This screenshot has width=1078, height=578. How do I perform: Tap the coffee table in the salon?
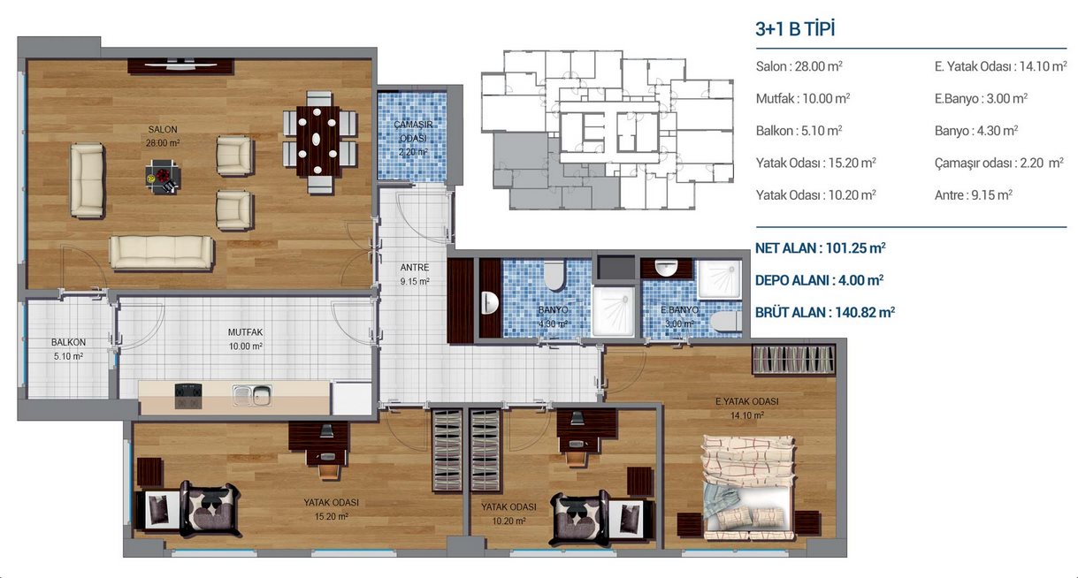point(163,177)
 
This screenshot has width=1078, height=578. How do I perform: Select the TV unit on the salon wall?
point(181,66)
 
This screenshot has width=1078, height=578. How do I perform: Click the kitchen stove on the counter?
point(188,396)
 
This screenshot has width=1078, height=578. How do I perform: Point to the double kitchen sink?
point(252,395)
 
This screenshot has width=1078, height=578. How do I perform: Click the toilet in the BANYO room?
point(554,275)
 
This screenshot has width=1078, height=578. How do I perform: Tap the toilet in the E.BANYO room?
point(726,321)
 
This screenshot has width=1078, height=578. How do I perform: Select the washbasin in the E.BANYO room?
point(667,269)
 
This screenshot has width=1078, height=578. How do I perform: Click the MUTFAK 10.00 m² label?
point(246,339)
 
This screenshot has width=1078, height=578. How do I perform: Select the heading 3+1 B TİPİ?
point(795,29)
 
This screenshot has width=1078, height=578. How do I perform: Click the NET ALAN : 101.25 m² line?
point(820,248)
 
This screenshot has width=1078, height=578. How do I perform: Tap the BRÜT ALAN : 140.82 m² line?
point(825,313)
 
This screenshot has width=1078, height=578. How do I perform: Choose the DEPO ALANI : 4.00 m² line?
point(819,280)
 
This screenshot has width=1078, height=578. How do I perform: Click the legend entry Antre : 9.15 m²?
point(973,194)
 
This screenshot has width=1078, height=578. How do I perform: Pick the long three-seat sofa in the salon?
point(161,252)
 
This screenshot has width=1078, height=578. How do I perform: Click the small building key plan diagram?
point(608,130)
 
